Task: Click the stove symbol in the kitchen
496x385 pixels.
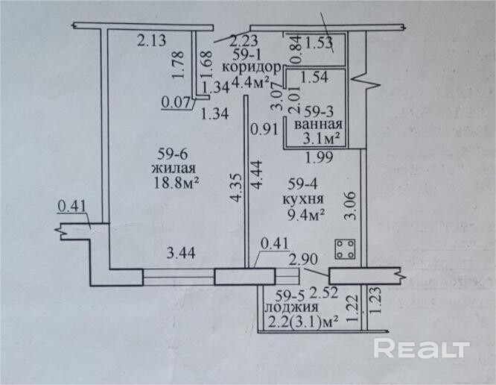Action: click(345, 248)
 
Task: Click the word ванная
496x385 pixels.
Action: click(318, 125)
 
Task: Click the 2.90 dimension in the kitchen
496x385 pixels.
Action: click(303, 259)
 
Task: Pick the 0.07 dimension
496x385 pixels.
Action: click(175, 101)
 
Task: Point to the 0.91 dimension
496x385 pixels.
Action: click(264, 128)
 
